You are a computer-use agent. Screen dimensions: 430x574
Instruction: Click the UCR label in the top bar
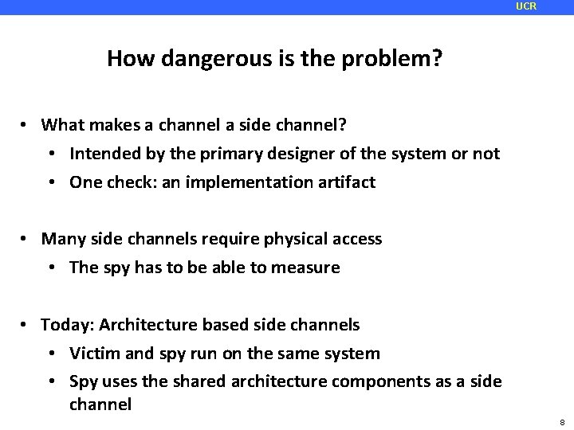[526, 6]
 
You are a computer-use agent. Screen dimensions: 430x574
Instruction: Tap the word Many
[61, 239]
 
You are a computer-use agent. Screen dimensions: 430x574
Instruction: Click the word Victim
[93, 353]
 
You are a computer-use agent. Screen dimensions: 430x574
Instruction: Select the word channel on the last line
[100, 405]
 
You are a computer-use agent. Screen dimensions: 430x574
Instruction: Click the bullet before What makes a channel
[26, 125]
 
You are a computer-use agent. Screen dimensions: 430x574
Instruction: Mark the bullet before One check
[55, 182]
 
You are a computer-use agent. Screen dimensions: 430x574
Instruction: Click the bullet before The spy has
[55, 268]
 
